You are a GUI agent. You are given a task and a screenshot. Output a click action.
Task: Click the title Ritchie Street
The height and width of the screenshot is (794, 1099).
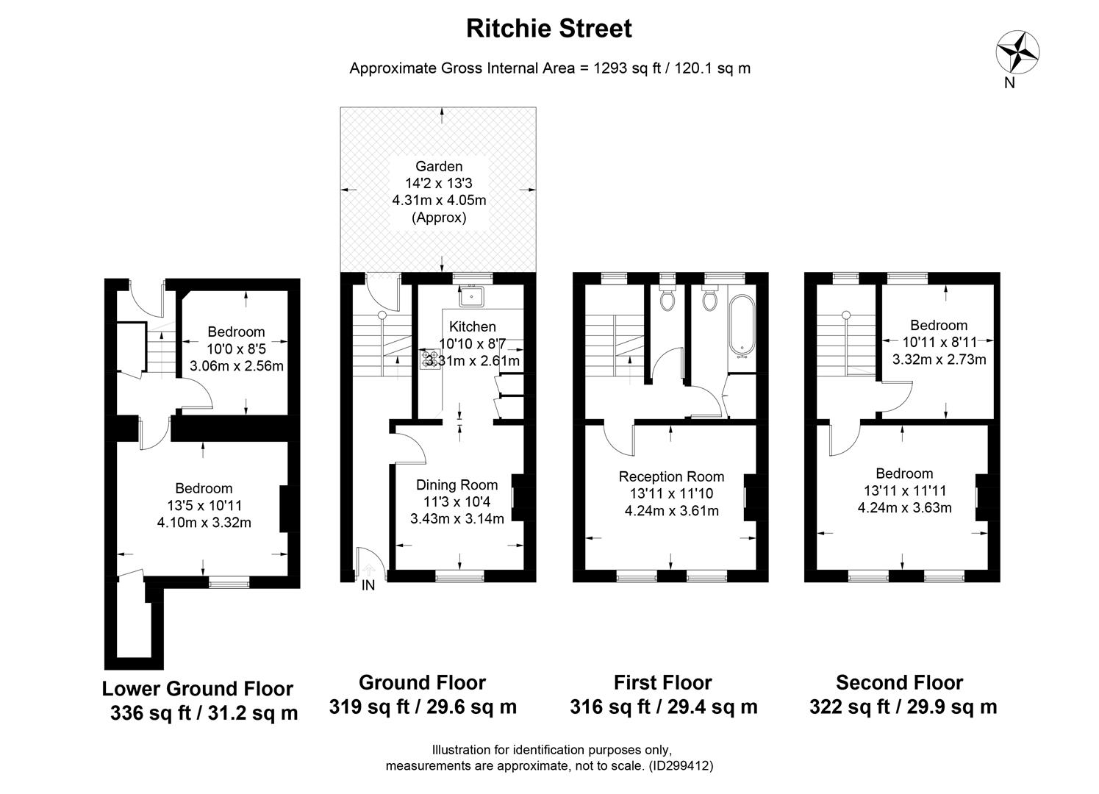pyautogui.click(x=548, y=29)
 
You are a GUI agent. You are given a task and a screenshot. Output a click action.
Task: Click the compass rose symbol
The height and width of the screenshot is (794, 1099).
pyautogui.click(x=1017, y=51)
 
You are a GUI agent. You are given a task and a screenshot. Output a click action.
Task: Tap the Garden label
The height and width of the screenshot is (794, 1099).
pyautogui.click(x=439, y=167)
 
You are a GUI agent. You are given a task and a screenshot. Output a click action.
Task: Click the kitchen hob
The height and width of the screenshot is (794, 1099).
pyautogui.click(x=428, y=358)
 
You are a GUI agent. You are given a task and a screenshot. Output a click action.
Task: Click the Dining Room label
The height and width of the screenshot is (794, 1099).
pyautogui.click(x=457, y=484)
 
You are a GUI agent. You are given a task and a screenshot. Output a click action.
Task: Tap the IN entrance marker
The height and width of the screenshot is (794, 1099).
pyautogui.click(x=368, y=585)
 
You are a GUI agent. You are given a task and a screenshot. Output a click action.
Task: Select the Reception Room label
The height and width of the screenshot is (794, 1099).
pyautogui.click(x=670, y=476)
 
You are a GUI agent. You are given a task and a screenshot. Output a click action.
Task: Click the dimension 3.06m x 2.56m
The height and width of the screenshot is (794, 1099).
pyautogui.click(x=236, y=365)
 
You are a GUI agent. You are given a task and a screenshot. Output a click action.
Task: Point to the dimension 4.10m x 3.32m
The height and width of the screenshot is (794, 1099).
pyautogui.click(x=204, y=523)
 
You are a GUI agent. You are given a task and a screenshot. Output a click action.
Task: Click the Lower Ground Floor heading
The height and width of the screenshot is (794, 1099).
pyautogui.click(x=197, y=689)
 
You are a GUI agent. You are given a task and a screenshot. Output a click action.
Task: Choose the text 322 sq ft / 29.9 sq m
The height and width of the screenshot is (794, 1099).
pyautogui.click(x=903, y=707)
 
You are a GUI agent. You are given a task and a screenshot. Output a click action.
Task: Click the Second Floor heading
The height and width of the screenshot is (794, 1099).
pyautogui.click(x=899, y=682)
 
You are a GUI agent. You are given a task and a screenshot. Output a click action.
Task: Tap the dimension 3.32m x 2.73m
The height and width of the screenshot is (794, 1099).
pyautogui.click(x=939, y=360)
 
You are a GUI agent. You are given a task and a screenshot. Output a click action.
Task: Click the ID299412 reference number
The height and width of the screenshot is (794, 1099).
pyautogui.click(x=680, y=765)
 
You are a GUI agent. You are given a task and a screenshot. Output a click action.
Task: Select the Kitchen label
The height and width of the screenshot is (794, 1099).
pyautogui.click(x=473, y=326)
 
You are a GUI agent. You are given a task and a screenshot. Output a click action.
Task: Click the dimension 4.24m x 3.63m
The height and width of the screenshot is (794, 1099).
pyautogui.click(x=904, y=507)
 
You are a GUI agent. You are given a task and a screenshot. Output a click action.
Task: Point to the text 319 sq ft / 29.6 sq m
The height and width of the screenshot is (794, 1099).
pyautogui.click(x=423, y=707)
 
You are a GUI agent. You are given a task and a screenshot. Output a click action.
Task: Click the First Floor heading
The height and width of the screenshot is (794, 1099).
pyautogui.click(x=662, y=682)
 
